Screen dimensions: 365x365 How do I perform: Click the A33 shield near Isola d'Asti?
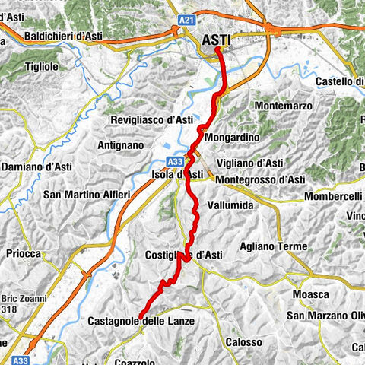(x=174, y=161)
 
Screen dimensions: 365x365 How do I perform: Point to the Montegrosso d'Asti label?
(x=260, y=179)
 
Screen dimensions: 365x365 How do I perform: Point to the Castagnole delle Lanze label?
(x=141, y=322)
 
